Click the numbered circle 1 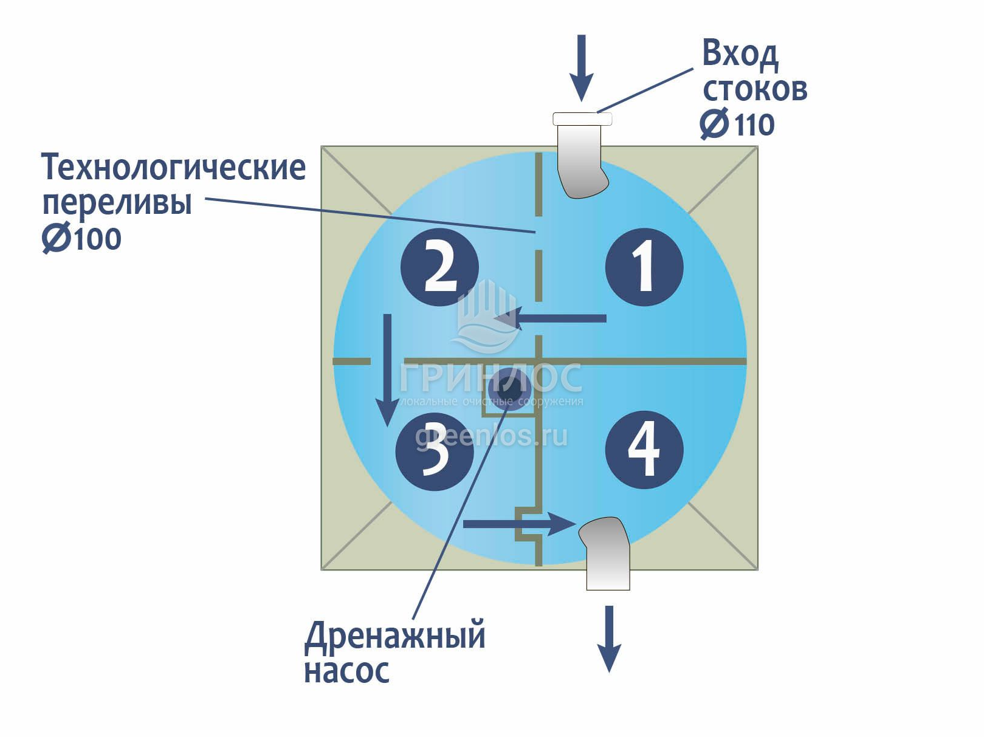coord(644,267)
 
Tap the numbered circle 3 coord(435,451)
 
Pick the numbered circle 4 coord(644,450)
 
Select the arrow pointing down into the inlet coord(582,67)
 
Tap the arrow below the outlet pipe coord(609,638)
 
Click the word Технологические coord(173,167)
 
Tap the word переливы coord(117,203)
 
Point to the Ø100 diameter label coord(81,238)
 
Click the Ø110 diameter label coord(737,125)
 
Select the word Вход coord(740,54)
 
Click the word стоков coord(755,89)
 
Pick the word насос coord(346,671)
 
